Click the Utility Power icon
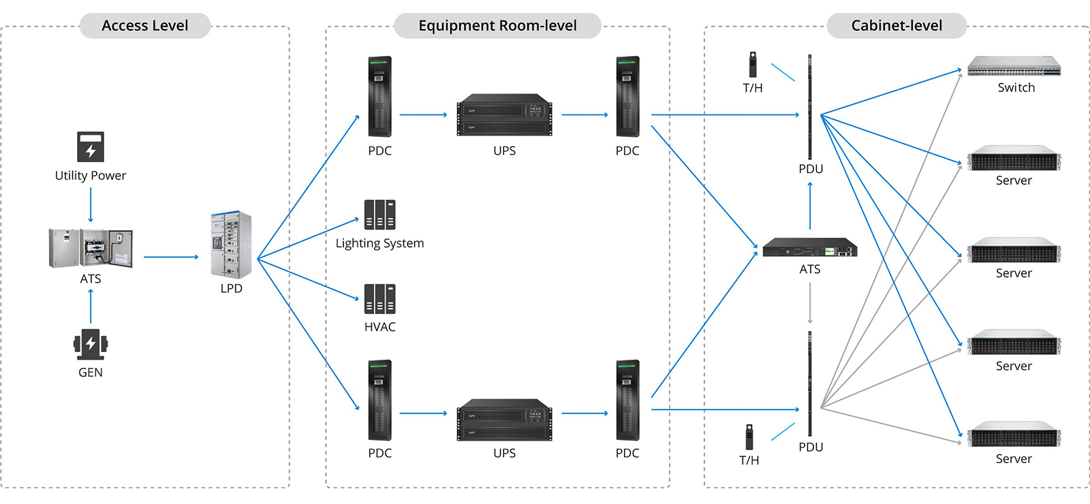(x=91, y=146)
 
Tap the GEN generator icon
(x=91, y=344)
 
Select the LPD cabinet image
(x=231, y=245)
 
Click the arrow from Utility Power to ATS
(x=91, y=204)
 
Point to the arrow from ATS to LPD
(x=170, y=257)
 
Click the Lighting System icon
(x=379, y=215)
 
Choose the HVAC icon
(x=379, y=298)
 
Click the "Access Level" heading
(x=144, y=26)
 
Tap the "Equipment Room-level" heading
(x=497, y=26)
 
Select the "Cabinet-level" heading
(x=897, y=26)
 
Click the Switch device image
(x=1014, y=66)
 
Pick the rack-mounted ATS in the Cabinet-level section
(x=809, y=247)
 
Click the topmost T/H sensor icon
(x=753, y=65)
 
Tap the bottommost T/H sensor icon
(x=749, y=437)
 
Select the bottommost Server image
(x=1014, y=434)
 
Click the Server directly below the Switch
(x=1014, y=158)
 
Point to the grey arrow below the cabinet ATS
(x=810, y=302)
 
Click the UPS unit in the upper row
(x=504, y=115)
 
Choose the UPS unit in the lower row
(x=504, y=420)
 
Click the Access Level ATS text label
(x=91, y=279)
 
